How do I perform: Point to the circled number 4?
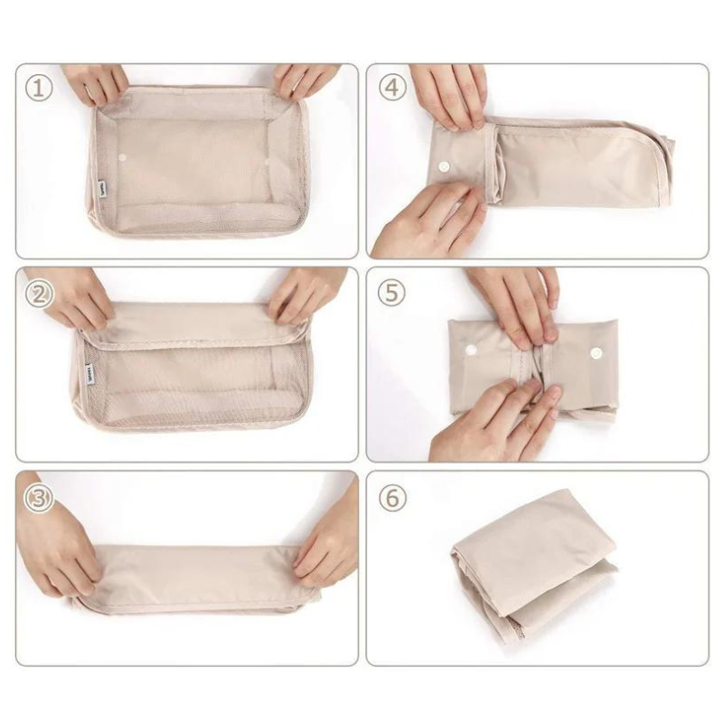(390, 89)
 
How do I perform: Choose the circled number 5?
(390, 294)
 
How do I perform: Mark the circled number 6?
(390, 498)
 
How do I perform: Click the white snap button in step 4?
(445, 167)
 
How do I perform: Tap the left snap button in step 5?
(472, 351)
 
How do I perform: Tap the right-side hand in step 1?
(303, 80)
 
